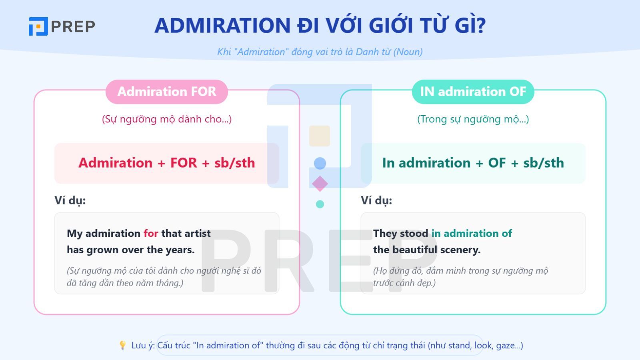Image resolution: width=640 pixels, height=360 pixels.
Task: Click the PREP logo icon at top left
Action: [x=38, y=26]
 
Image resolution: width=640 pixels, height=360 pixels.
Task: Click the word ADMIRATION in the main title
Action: [x=222, y=26]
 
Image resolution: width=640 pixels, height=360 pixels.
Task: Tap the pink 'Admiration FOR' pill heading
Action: [x=166, y=92]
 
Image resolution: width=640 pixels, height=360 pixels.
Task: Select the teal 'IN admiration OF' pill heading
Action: [x=473, y=92]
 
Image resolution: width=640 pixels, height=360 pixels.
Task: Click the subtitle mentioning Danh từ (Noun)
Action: [x=320, y=52]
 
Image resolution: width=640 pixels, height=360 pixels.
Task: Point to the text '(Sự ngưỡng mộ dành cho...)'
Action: [x=166, y=119]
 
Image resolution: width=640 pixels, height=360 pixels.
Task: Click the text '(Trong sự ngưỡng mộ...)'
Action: [x=473, y=119]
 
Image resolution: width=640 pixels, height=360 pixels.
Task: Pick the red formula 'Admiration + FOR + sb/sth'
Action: [x=166, y=163]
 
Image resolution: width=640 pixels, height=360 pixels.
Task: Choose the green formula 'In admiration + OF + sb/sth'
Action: [x=473, y=163]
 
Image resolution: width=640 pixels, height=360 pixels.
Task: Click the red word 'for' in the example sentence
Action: [x=151, y=233]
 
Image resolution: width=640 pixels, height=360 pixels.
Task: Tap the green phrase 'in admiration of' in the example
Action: [x=472, y=233]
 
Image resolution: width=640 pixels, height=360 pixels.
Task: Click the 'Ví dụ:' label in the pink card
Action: [x=70, y=200]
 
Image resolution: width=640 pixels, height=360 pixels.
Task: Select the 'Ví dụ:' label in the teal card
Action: [x=376, y=200]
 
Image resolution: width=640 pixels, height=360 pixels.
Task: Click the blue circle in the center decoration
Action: [x=320, y=163]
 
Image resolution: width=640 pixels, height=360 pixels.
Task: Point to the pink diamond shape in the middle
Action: [x=320, y=184]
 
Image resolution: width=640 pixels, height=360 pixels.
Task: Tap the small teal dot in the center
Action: [x=320, y=204]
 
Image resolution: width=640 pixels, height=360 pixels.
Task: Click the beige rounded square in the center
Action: [x=320, y=136]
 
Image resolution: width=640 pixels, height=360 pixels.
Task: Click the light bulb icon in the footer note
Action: [x=123, y=345]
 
